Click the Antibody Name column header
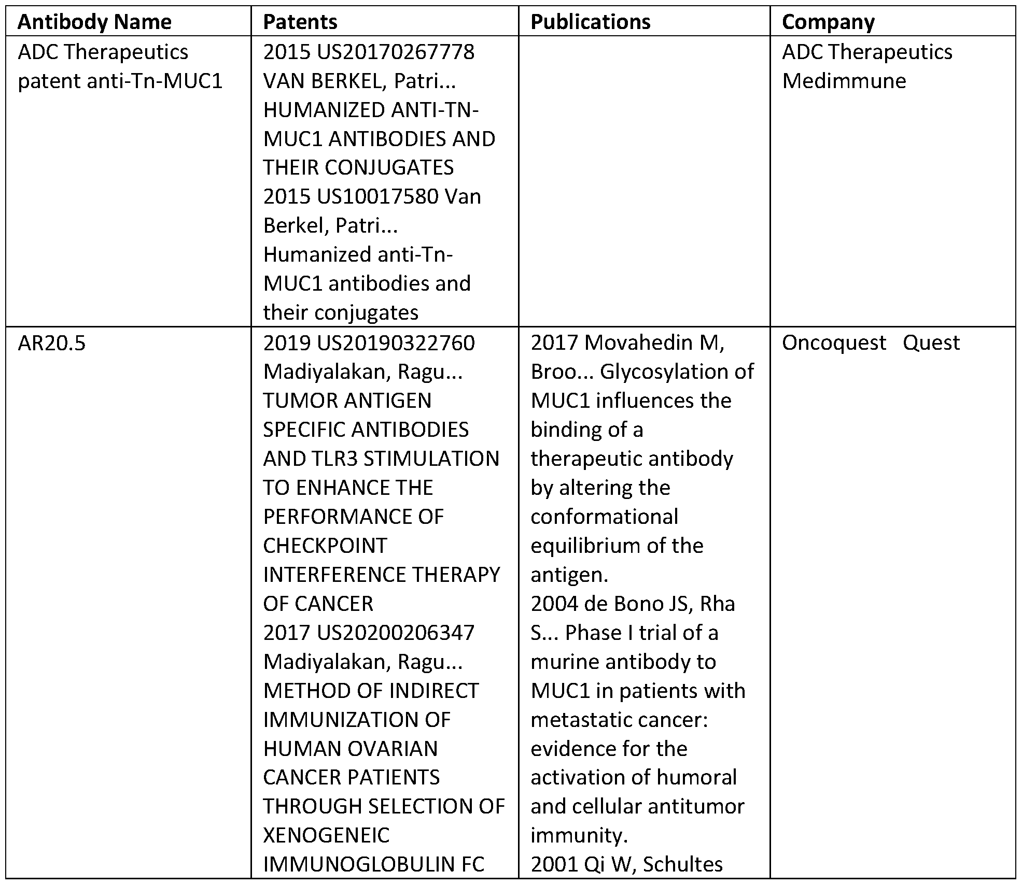click(x=94, y=22)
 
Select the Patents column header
click(x=300, y=22)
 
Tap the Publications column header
click(x=591, y=22)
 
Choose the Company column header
click(x=828, y=22)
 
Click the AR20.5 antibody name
click(x=51, y=343)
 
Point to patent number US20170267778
click(x=396, y=52)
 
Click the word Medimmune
click(x=844, y=81)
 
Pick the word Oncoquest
click(x=834, y=343)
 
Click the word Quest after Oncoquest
click(x=931, y=343)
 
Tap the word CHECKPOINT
click(x=325, y=546)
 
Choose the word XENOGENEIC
click(x=326, y=835)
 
